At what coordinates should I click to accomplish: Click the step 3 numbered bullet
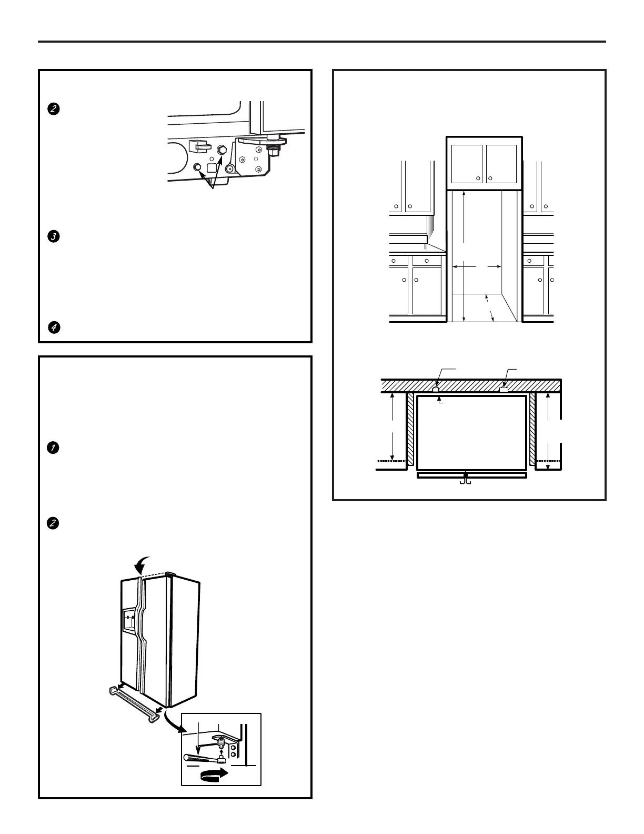(x=53, y=237)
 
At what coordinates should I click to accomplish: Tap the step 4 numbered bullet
(x=53, y=327)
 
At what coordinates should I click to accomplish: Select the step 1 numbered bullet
(x=53, y=448)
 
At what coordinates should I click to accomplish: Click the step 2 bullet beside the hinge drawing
(x=53, y=110)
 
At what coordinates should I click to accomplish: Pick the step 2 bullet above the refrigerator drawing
(x=53, y=523)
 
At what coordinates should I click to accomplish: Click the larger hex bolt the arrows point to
(x=222, y=150)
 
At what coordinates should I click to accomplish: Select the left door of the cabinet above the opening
(x=467, y=163)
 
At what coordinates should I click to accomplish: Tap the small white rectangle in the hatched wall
(x=503, y=390)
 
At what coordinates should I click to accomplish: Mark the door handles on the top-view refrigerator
(x=465, y=480)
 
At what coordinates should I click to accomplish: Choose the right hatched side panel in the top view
(x=532, y=429)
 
